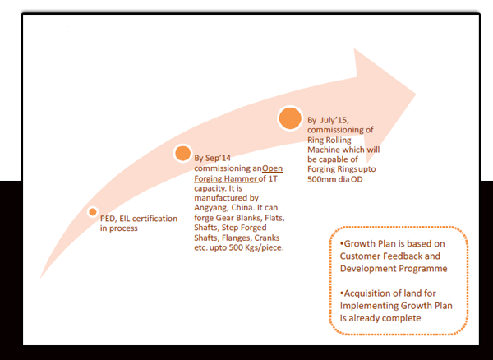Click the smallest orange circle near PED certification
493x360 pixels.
tap(93, 212)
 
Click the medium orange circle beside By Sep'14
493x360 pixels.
tap(182, 154)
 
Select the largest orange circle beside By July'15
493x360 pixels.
tap(290, 119)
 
